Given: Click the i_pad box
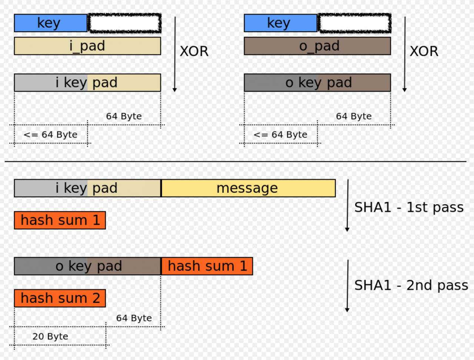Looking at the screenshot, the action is click(87, 46).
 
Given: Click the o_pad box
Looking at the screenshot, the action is click(317, 46).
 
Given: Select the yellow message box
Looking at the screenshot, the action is click(248, 188).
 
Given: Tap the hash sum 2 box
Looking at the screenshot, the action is click(60, 298).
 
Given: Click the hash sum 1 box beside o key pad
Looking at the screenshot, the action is click(207, 266).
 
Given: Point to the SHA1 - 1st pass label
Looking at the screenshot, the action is click(409, 208).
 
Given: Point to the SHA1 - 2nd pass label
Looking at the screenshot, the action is click(411, 285).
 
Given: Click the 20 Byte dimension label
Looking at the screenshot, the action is click(50, 336).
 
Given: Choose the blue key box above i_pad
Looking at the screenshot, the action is click(51, 23).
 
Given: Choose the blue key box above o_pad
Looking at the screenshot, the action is click(281, 23).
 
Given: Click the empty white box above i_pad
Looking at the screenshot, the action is click(125, 23).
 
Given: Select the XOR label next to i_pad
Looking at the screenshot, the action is click(194, 51).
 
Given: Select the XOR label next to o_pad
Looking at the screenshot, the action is click(424, 51).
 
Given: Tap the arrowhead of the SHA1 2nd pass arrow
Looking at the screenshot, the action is click(347, 310).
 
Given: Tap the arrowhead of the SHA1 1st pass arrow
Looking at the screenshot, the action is click(347, 229).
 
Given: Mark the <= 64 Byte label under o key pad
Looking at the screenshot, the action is click(280, 135).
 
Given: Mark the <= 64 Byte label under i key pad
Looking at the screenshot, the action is click(50, 135).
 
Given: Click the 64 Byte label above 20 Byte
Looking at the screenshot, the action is click(134, 318).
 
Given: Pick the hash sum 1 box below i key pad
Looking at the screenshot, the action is click(60, 220).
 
